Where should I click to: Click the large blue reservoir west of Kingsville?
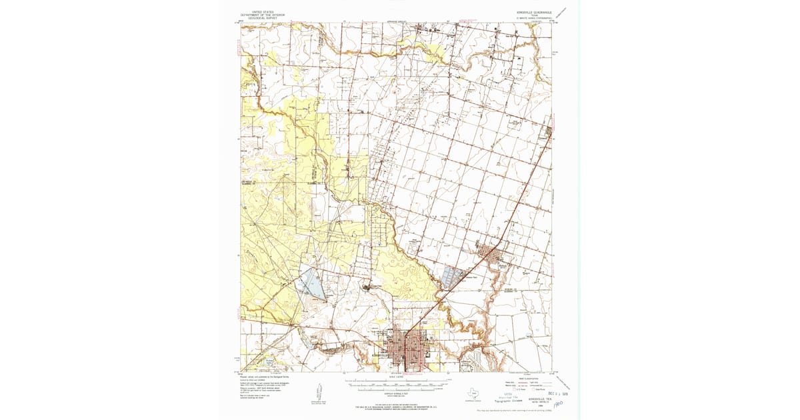tap(310, 283)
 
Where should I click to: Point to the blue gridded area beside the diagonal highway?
tap(453, 276)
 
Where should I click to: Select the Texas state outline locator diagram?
tap(473, 393)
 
